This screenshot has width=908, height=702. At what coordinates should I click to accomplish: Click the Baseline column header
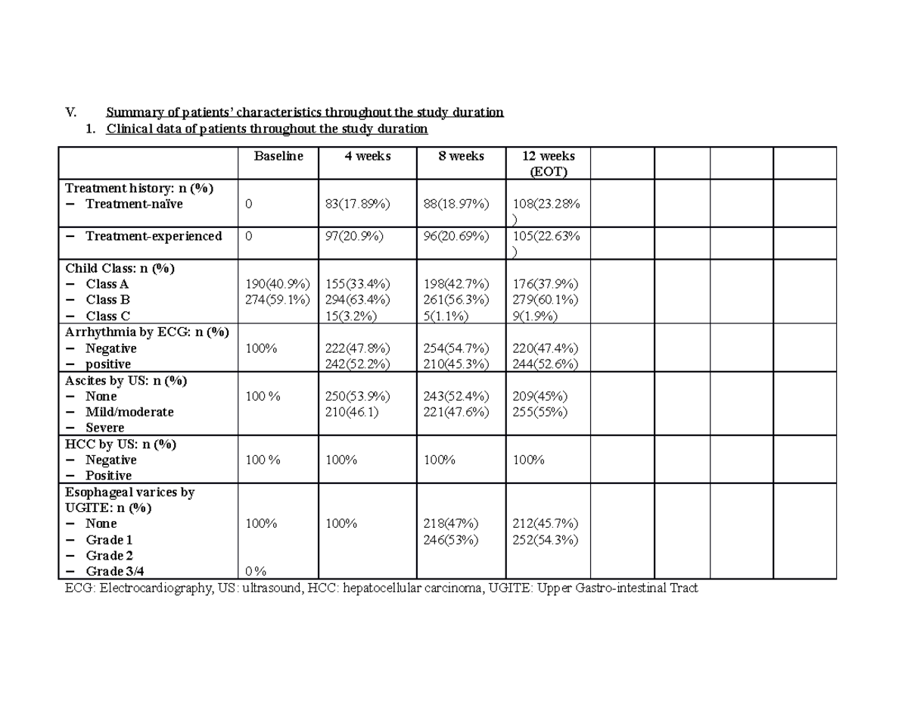click(278, 156)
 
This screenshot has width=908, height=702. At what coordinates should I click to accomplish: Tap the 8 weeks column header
click(461, 156)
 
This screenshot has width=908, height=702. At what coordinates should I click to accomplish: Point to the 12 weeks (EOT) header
click(548, 164)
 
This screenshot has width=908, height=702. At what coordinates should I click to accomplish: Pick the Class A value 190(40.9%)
click(277, 284)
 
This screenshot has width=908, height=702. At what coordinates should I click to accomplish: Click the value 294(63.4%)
click(357, 300)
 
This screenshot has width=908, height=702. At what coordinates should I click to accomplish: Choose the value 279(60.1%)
click(545, 300)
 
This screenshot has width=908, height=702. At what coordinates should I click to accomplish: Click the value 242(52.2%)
click(357, 364)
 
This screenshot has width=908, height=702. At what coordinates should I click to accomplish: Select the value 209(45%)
click(540, 396)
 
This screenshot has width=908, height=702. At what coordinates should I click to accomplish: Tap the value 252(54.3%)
click(545, 540)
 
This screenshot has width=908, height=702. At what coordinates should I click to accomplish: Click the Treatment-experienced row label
click(154, 236)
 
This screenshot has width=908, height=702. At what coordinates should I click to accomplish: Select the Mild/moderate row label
click(129, 412)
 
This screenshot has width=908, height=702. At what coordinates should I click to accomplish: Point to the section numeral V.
click(71, 113)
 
